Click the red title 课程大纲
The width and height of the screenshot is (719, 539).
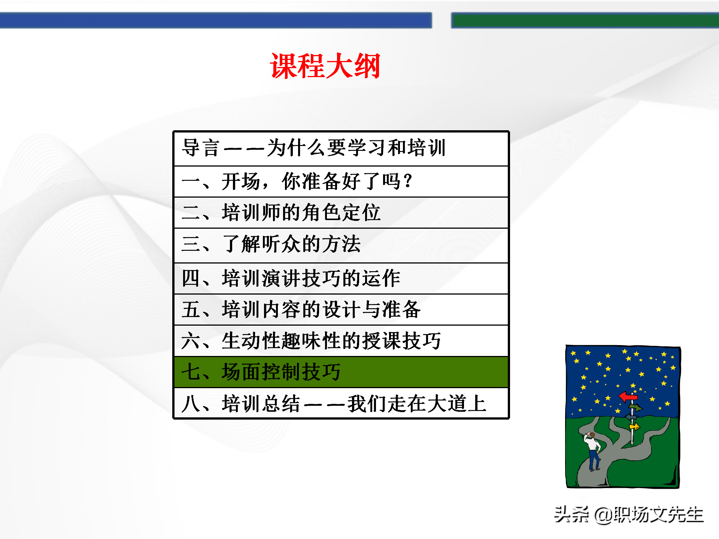click(325, 66)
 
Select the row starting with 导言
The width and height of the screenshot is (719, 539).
click(341, 148)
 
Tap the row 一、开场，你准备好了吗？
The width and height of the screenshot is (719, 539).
click(341, 182)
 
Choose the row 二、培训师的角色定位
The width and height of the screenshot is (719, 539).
click(341, 213)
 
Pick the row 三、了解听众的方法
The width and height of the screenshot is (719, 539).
click(341, 244)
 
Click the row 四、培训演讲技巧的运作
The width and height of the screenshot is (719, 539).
click(341, 278)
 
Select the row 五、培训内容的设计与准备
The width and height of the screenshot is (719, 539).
click(341, 310)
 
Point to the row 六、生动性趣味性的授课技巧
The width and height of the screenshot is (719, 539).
click(341, 341)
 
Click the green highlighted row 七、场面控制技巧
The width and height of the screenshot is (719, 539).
click(341, 372)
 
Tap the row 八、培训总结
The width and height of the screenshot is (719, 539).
click(341, 404)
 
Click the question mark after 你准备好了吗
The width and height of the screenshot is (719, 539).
click(408, 181)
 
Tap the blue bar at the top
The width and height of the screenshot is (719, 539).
click(216, 20)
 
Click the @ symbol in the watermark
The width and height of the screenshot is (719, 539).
click(603, 516)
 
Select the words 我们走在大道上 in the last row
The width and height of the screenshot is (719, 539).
click(416, 404)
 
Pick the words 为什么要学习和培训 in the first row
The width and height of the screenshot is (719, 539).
click(356, 148)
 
